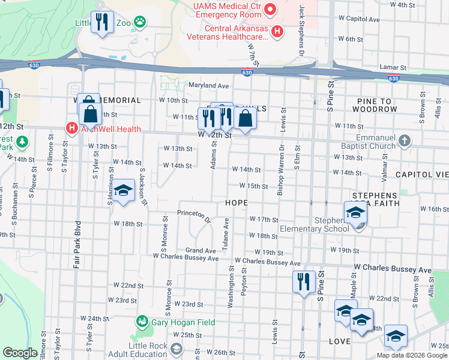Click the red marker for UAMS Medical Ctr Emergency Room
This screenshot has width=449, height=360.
click(x=270, y=9)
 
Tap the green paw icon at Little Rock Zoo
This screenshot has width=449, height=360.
click(x=140, y=23)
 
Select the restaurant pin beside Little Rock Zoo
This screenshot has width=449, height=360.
click(x=102, y=23)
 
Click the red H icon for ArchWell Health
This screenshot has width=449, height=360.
click(x=71, y=128)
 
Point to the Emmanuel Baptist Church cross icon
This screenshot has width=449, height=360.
click(x=405, y=141)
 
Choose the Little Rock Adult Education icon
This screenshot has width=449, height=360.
click(x=176, y=349)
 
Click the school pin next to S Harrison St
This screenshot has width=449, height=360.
click(x=124, y=191)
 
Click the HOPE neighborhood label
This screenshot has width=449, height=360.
click(x=237, y=203)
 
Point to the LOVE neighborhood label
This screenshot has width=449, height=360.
click(x=339, y=341)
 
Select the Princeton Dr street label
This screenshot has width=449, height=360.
click(x=195, y=215)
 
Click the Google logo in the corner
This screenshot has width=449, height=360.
click(x=20, y=353)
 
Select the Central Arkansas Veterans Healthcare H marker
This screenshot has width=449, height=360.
click(x=277, y=31)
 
